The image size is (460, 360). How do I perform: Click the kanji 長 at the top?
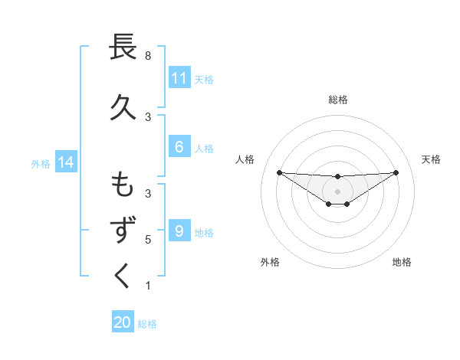coord(123,47)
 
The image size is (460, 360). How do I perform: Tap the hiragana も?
coord(123,185)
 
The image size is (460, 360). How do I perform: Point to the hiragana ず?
coord(123,231)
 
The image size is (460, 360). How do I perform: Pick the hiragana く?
coord(123,276)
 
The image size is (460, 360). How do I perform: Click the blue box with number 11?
coord(179,78)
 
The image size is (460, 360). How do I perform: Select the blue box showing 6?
coord(179,147)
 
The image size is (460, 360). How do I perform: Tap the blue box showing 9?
coord(179,231)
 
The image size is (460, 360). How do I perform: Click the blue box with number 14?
coord(66,162)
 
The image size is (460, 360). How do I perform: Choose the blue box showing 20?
coord(123,322)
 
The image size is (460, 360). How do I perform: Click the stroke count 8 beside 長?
coord(148,56)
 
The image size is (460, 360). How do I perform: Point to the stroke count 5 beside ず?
coord(148,240)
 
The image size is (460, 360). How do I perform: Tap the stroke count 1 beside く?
coord(148,286)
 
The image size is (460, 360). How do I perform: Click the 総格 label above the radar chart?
coord(338,100)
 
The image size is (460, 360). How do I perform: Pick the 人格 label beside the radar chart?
coord(245,159)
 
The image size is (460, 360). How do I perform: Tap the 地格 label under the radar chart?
coord(402,262)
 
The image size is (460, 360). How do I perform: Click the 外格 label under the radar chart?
coord(270,262)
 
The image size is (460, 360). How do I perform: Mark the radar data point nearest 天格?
coord(396,172)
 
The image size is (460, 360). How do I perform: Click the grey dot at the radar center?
coord(338,191)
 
